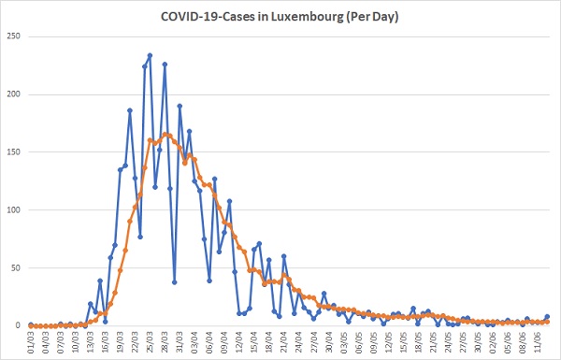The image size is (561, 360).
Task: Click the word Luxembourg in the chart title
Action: coord(307,17)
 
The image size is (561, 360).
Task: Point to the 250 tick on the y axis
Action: coord(13,36)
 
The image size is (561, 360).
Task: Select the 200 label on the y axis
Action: coord(13,94)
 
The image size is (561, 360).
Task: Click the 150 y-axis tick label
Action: coord(13,152)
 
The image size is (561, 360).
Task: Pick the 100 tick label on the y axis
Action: coord(13,210)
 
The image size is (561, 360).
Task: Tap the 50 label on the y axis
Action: coord(15,267)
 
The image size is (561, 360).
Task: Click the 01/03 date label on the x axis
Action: coord(32,342)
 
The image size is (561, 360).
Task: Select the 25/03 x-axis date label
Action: coord(151,342)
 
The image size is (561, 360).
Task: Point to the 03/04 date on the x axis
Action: coord(195,342)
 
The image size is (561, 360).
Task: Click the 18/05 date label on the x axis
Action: coord(419,342)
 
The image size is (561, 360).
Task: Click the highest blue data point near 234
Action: coord(150,55)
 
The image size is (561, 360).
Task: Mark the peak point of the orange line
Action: coord(165,135)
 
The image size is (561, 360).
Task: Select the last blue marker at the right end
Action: coord(547,317)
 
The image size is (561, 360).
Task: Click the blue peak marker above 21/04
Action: coord(284,256)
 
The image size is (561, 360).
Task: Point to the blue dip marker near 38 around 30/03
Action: coord(175,282)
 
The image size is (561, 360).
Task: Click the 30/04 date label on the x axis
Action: coord(329,342)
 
